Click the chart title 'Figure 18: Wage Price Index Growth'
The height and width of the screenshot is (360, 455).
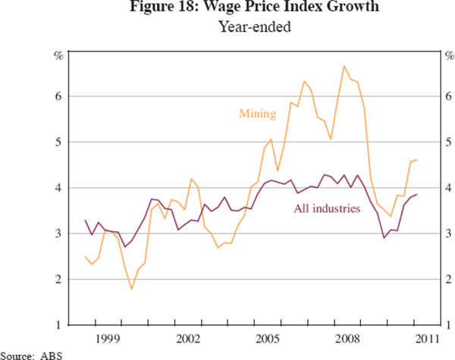[227, 9]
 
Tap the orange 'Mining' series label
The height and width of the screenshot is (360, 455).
[257, 114]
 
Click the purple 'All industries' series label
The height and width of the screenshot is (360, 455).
[325, 207]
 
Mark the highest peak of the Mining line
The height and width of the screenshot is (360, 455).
[344, 66]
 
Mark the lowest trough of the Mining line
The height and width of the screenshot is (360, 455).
[131, 289]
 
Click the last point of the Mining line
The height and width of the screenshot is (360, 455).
[418, 160]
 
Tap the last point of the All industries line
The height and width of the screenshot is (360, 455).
[418, 195]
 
